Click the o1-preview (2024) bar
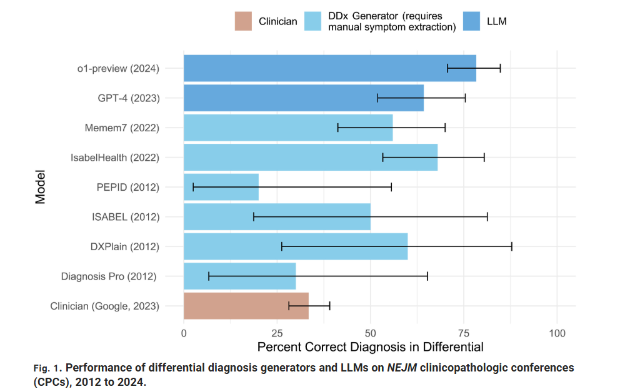click(x=330, y=68)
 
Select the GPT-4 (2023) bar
click(x=304, y=98)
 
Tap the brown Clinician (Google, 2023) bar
click(x=246, y=306)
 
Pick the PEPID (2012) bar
click(x=221, y=187)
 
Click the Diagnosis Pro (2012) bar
click(x=239, y=276)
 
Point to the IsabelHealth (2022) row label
click(x=115, y=158)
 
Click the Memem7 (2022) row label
click(x=122, y=128)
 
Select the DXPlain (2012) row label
click(x=125, y=246)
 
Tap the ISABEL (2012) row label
click(x=126, y=217)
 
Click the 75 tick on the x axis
click(x=464, y=333)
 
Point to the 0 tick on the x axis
click(x=184, y=333)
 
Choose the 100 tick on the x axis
click(x=557, y=333)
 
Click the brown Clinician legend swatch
click(x=243, y=21)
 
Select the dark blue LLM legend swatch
click(x=471, y=21)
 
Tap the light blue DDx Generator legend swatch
click(x=312, y=21)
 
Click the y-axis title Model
click(x=41, y=187)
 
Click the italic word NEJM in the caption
click(x=402, y=368)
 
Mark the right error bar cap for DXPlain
click(x=512, y=246)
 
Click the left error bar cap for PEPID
click(x=193, y=187)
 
